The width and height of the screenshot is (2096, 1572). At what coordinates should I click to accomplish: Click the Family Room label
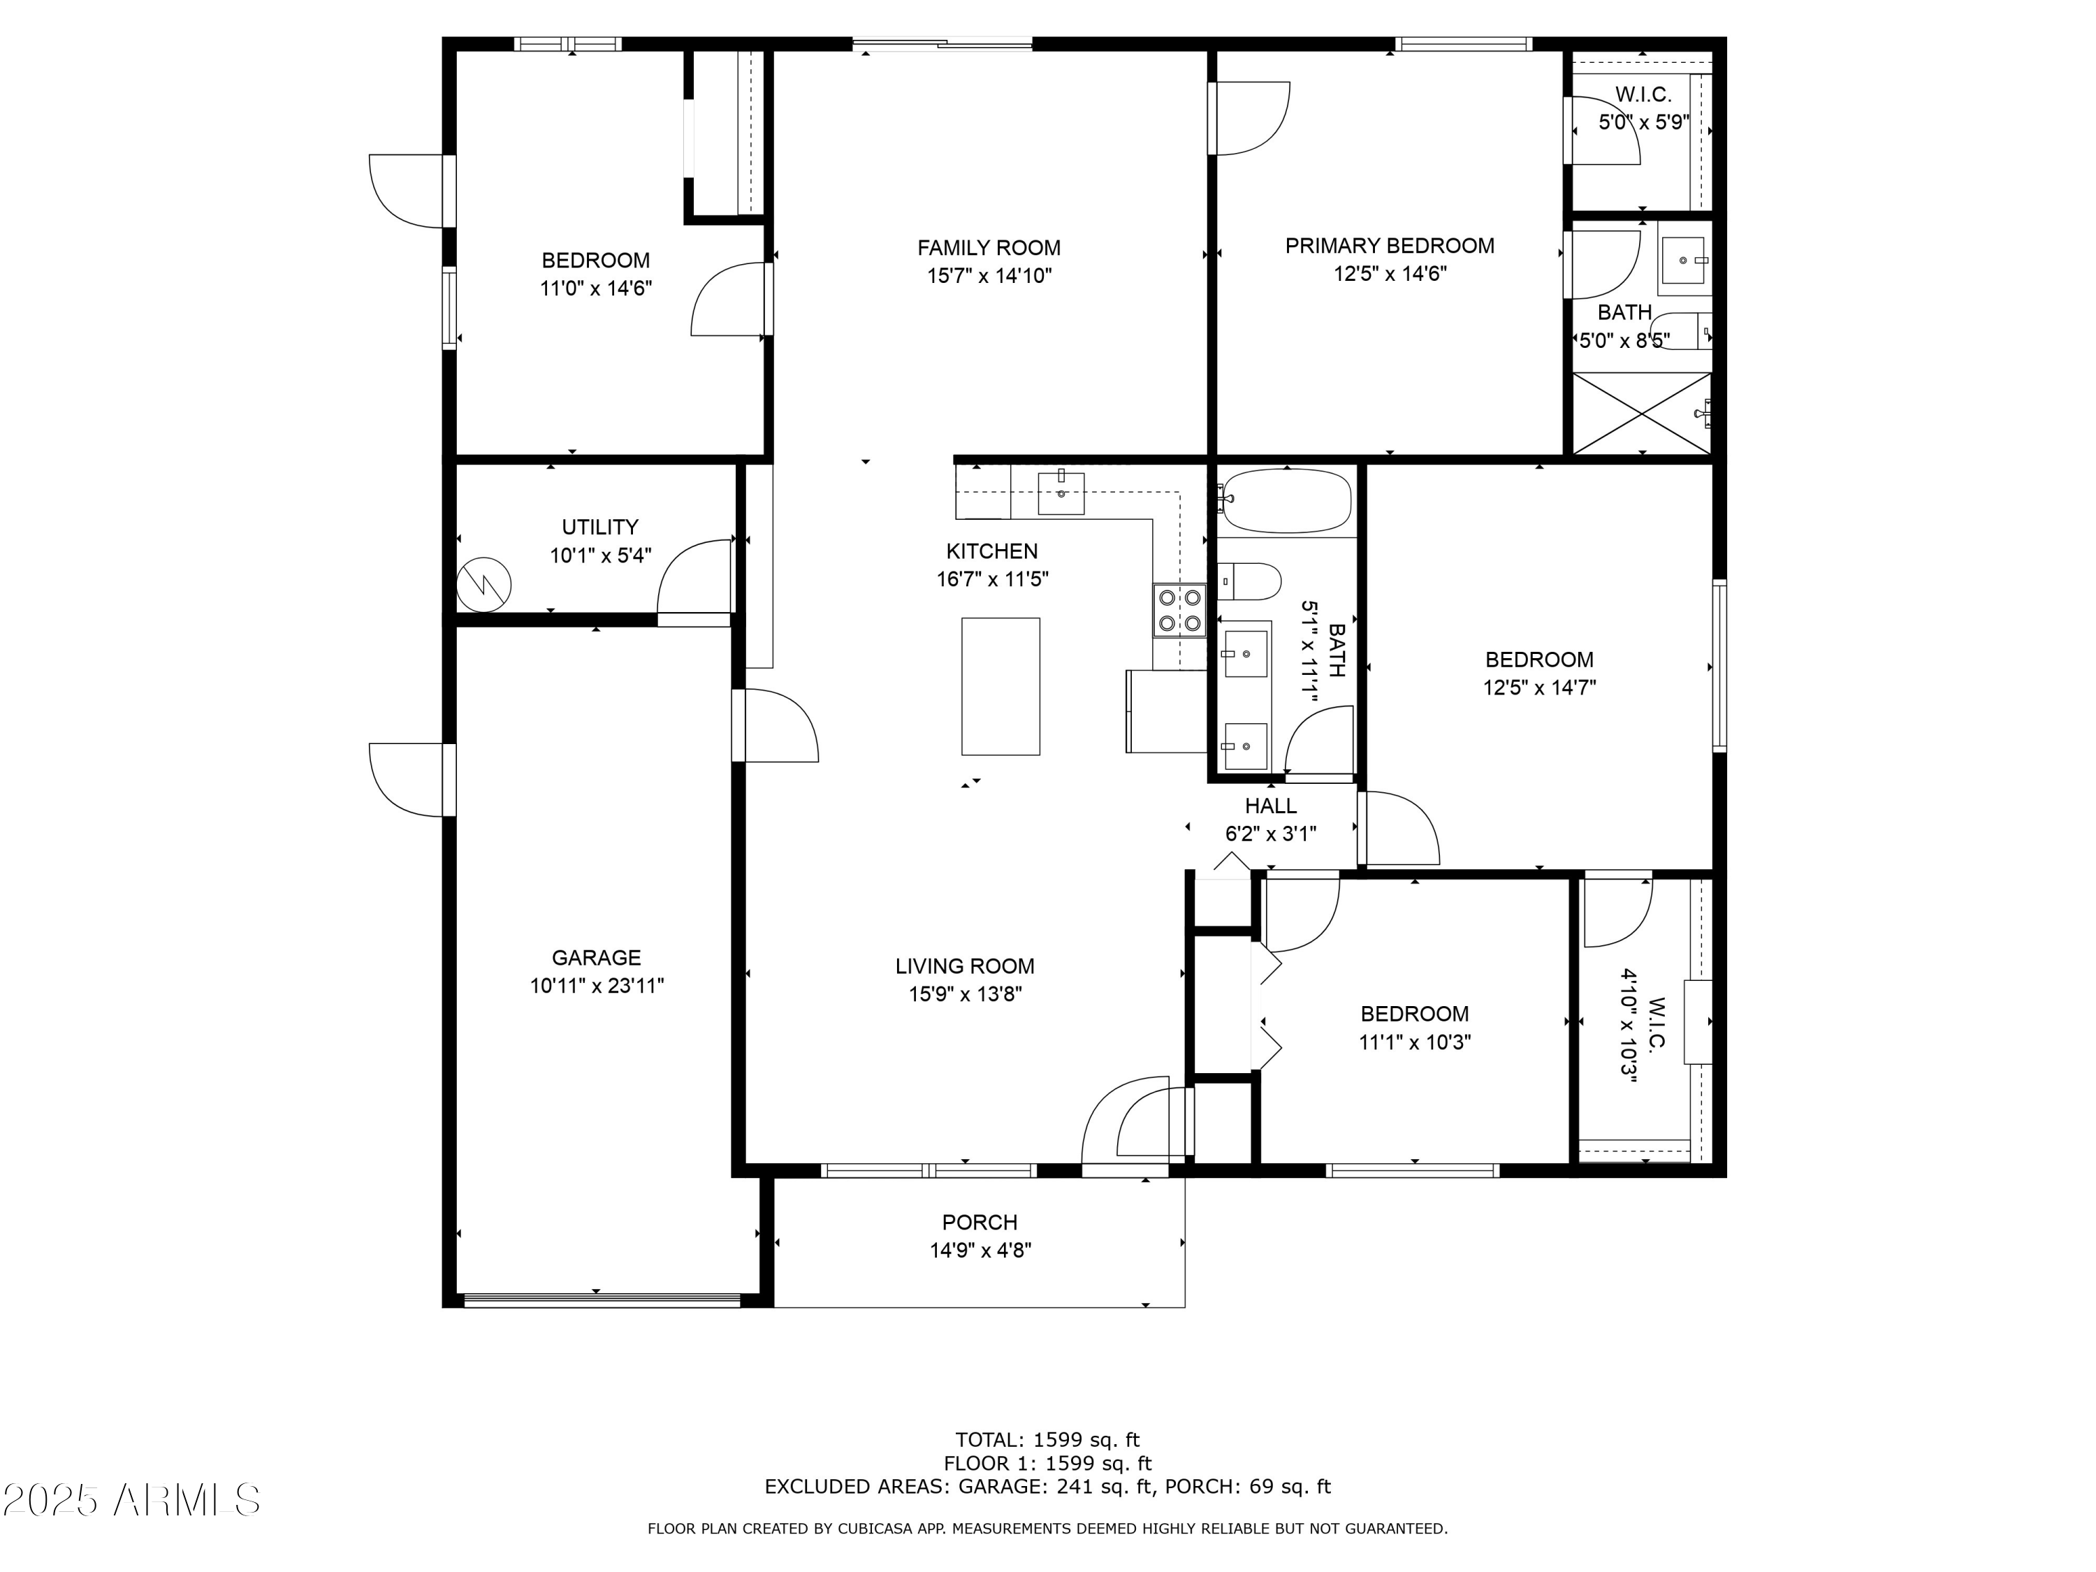click(989, 248)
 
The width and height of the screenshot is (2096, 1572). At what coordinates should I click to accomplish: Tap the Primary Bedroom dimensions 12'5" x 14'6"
click(1390, 275)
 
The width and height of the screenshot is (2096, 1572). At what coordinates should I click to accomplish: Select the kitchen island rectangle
click(1000, 687)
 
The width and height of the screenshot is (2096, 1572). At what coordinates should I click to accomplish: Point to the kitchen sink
click(1061, 493)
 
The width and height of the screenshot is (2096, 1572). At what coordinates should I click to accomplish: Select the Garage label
click(597, 958)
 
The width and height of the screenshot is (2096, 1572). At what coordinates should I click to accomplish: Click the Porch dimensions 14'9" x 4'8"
click(980, 1251)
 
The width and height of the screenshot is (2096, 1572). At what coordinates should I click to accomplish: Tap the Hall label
click(1271, 806)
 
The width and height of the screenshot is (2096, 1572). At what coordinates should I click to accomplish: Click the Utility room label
click(599, 527)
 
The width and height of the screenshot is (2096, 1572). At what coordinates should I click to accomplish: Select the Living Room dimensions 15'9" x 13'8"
click(965, 995)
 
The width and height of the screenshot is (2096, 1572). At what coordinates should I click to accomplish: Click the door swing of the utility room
click(695, 578)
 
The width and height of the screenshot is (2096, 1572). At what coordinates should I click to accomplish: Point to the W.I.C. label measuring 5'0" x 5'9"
click(1643, 95)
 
